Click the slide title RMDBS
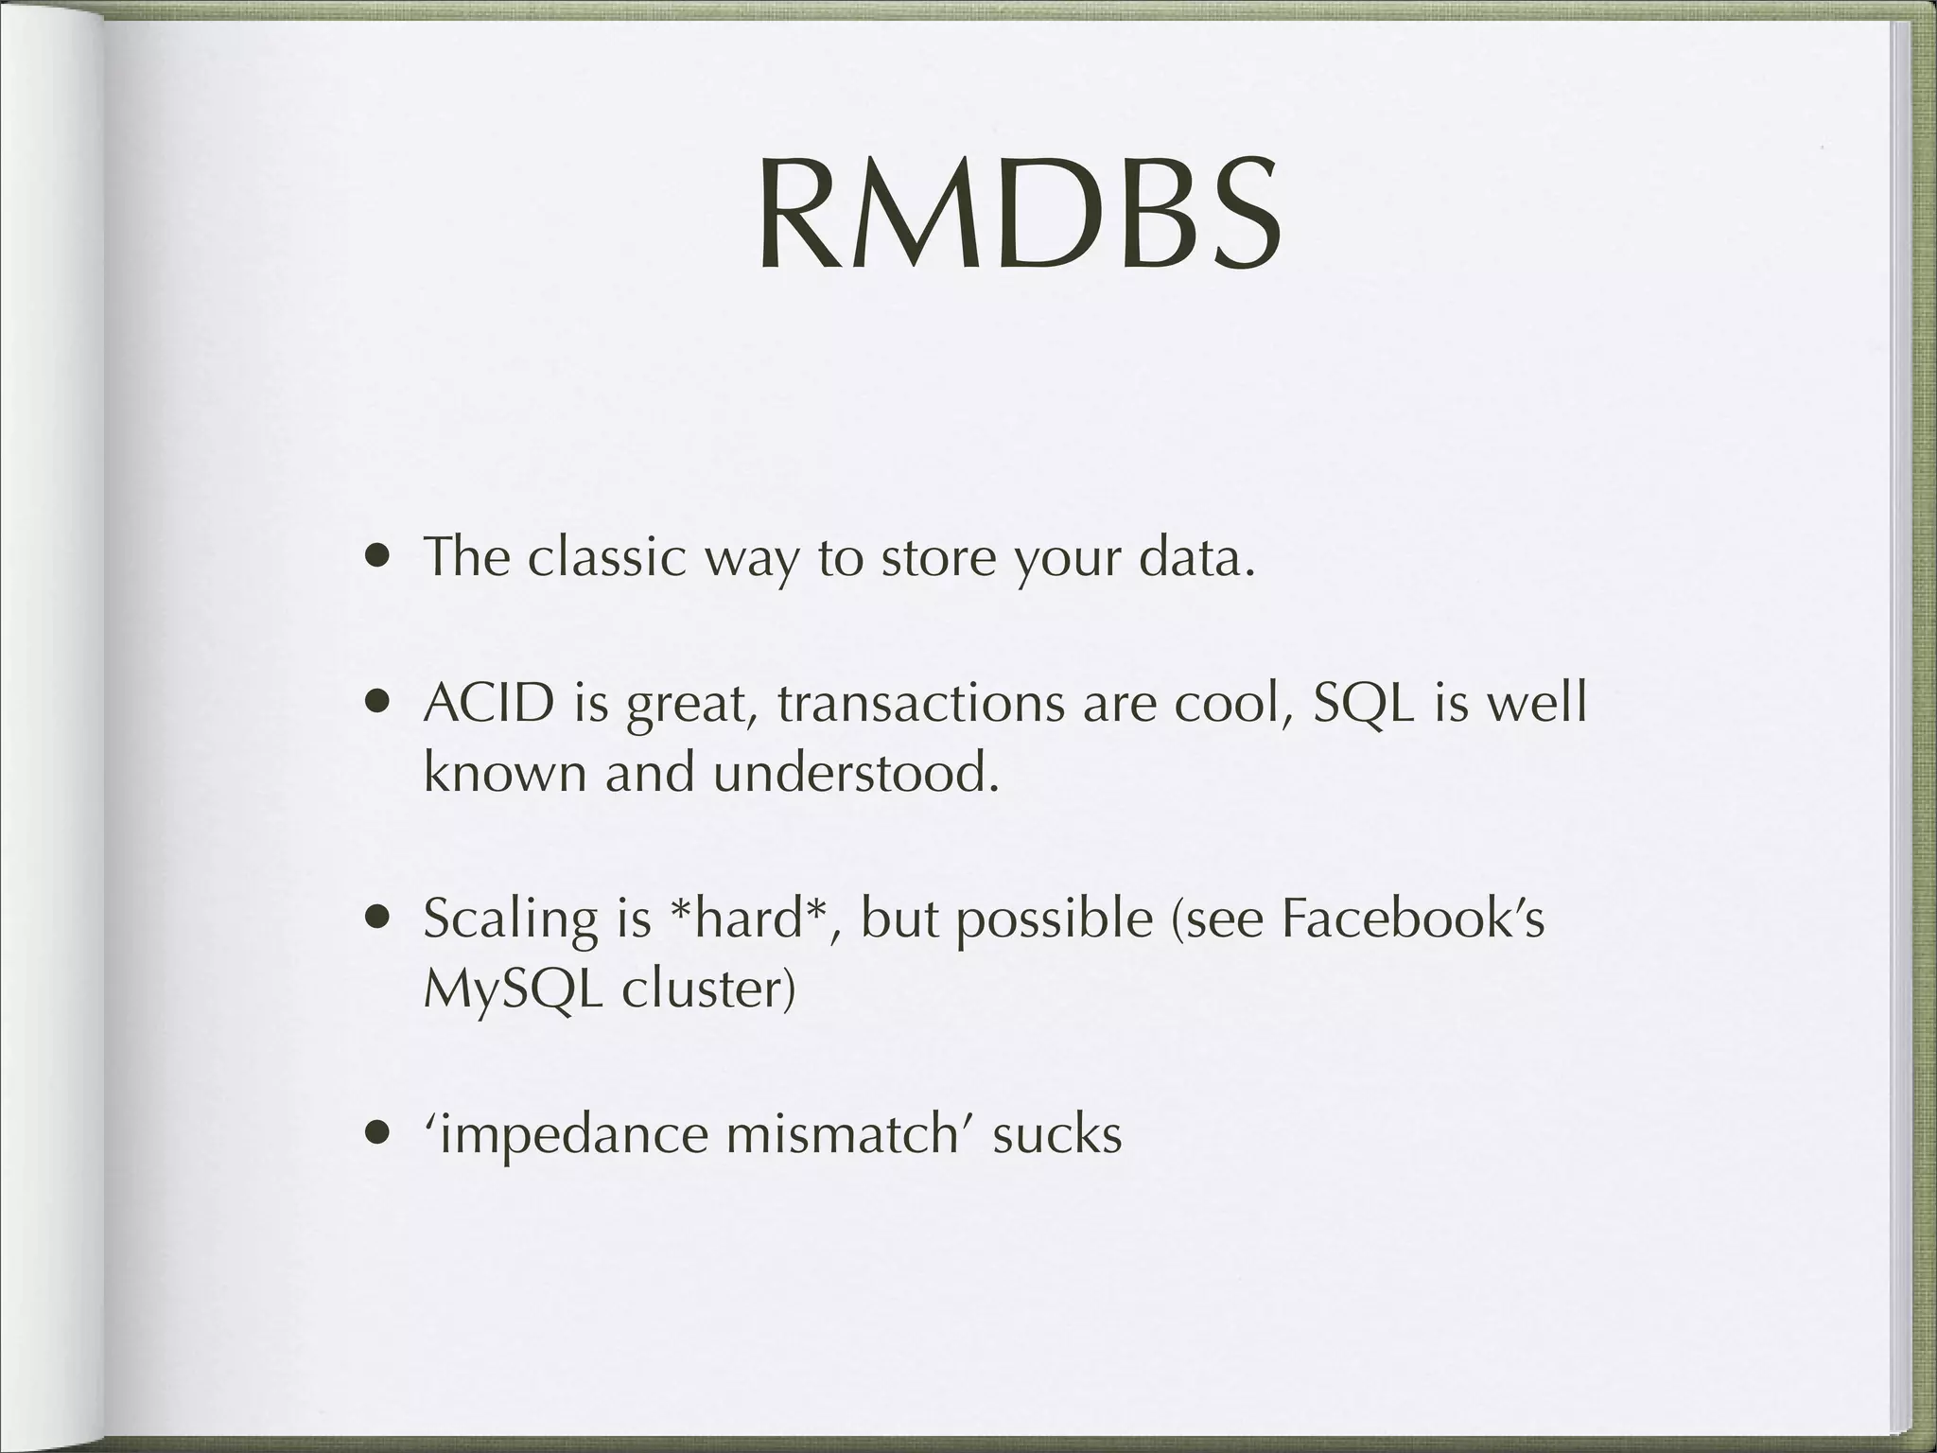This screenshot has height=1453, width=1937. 1019,217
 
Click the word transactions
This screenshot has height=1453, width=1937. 922,704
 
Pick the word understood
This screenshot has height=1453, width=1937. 856,774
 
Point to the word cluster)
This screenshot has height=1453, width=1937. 708,989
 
